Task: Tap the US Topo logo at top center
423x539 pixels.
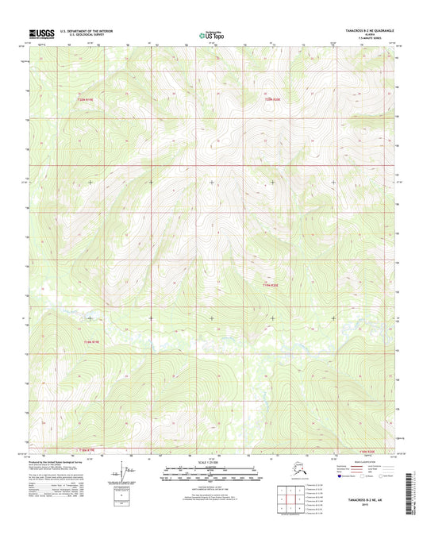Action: [x=211, y=34]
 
